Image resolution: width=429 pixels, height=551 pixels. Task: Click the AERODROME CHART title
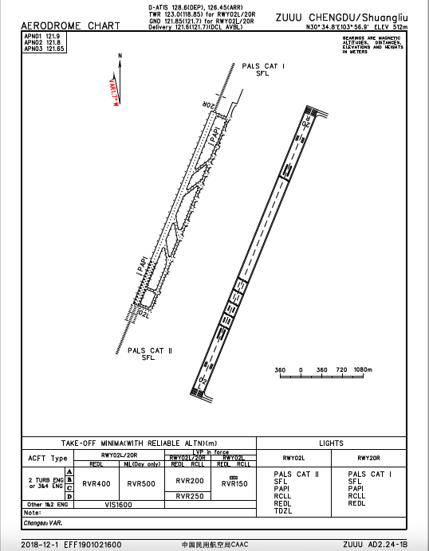click(69, 25)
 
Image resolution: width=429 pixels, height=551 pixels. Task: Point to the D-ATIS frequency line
click(195, 6)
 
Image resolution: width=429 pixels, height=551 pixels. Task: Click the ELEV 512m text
click(393, 26)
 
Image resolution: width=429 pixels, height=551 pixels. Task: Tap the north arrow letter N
click(120, 55)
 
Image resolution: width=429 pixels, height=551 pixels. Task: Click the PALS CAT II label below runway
click(150, 350)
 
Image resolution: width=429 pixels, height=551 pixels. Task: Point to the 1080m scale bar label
click(363, 370)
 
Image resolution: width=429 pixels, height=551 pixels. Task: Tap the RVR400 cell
click(96, 483)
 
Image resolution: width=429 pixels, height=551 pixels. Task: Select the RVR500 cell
click(140, 483)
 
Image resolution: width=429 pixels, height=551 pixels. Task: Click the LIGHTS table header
click(330, 443)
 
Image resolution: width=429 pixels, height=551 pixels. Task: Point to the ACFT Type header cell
click(48, 459)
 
